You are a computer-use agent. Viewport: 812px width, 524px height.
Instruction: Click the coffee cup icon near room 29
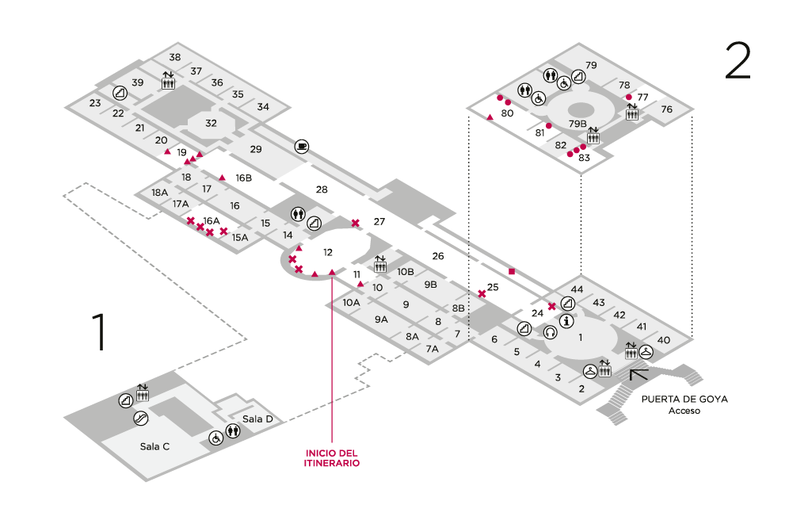[302, 147]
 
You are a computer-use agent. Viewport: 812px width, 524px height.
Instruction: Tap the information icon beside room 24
[567, 321]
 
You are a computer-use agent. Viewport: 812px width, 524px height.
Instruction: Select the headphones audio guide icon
[550, 331]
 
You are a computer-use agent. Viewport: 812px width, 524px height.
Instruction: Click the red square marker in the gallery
[512, 272]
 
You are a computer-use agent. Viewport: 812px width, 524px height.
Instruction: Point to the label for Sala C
[154, 446]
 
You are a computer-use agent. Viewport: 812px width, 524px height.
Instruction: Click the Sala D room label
[257, 419]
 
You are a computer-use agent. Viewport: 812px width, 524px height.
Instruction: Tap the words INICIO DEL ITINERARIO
[331, 458]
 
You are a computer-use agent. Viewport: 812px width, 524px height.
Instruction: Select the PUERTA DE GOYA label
[684, 399]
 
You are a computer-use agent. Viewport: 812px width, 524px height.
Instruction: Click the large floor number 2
[738, 60]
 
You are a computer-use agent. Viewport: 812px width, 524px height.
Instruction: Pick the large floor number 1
[100, 331]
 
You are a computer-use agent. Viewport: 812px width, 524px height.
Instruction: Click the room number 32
[211, 124]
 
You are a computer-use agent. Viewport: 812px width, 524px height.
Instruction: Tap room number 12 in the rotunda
[327, 252]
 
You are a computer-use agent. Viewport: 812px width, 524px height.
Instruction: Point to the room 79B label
[578, 124]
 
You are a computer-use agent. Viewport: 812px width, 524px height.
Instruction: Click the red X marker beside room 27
[355, 223]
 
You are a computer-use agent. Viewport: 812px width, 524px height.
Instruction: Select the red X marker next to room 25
[482, 294]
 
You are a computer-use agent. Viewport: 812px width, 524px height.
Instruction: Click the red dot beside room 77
[629, 97]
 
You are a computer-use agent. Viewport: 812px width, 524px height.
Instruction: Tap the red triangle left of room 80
[490, 117]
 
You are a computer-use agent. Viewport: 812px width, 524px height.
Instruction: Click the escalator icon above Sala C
[140, 418]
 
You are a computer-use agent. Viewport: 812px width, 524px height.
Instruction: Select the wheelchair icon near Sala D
[216, 438]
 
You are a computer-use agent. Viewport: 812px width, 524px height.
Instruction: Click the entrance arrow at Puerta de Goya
[639, 374]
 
